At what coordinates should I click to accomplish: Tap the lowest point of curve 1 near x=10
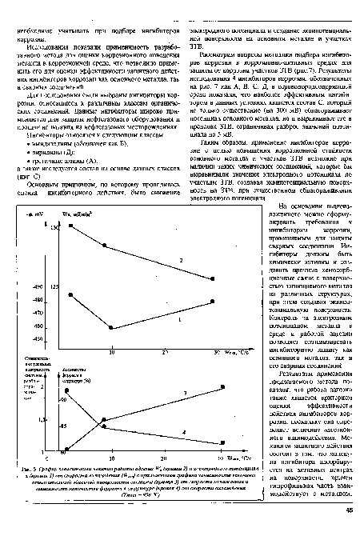click(x=110, y=328)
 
